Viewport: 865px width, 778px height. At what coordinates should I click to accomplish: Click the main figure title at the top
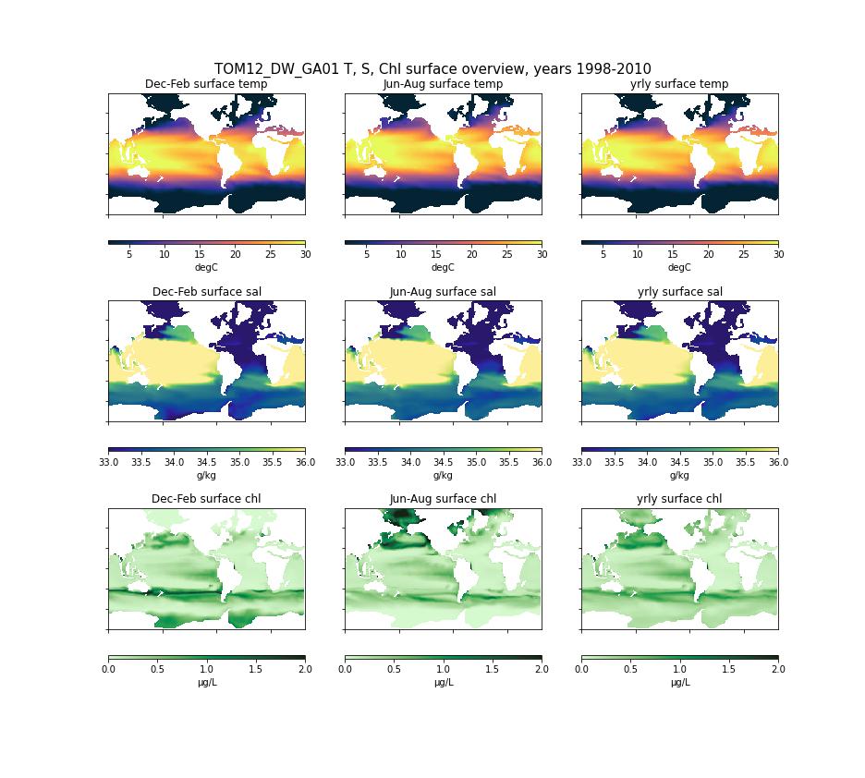tap(432, 69)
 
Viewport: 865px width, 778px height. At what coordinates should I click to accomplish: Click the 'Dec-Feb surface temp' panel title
tap(206, 84)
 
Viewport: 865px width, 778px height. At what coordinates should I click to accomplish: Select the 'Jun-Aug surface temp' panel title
tap(443, 84)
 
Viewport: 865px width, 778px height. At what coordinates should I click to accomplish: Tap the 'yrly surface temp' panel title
tap(679, 84)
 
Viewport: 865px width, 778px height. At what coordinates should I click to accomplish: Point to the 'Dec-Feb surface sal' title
tap(206, 292)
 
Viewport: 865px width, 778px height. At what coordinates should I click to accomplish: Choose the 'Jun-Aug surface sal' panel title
tap(443, 292)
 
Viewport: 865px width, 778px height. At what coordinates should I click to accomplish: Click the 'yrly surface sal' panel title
tap(679, 292)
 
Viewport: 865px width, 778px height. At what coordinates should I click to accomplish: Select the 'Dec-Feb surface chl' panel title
tap(206, 499)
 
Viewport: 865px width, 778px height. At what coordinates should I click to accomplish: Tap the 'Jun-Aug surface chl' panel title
tap(443, 499)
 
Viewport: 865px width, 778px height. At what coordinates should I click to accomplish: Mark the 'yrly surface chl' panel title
tap(679, 499)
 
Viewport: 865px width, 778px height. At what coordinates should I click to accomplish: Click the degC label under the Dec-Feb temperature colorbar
tap(206, 268)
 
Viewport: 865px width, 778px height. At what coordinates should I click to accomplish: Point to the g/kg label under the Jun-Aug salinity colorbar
tap(443, 475)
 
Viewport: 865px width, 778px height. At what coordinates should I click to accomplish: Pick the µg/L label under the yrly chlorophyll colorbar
tap(679, 683)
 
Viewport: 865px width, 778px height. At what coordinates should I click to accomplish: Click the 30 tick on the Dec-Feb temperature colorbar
tap(305, 255)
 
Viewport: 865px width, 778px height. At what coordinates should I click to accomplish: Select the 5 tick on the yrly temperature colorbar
tap(603, 255)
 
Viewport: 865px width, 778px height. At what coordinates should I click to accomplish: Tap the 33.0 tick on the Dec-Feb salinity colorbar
tap(108, 462)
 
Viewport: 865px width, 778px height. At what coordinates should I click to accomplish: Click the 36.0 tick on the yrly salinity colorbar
tap(778, 462)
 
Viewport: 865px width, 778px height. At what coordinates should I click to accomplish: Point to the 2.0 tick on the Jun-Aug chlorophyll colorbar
tap(542, 669)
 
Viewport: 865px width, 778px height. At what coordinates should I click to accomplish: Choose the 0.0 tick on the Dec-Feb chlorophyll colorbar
tap(108, 669)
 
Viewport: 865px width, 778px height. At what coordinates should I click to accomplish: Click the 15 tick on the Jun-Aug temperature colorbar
tap(436, 255)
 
